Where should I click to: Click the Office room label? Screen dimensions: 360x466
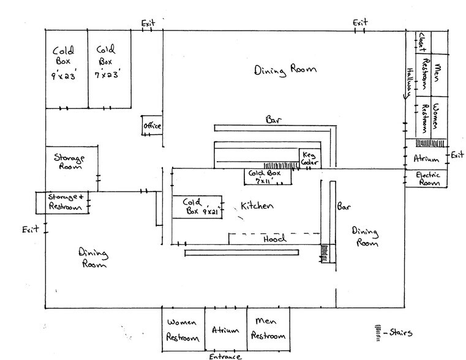(151, 126)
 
